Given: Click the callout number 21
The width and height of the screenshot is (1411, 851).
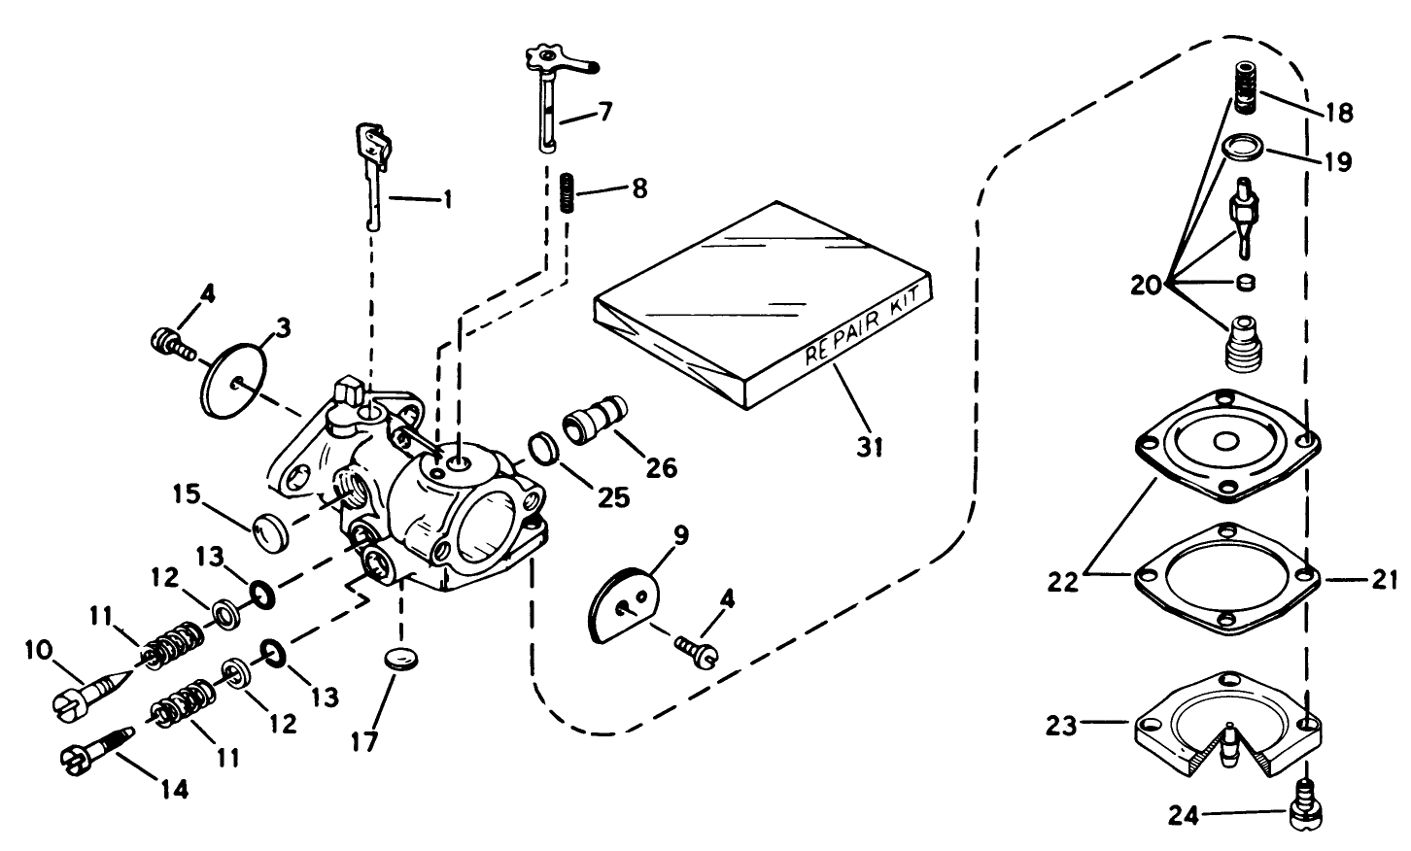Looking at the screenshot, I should coord(1383,579).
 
